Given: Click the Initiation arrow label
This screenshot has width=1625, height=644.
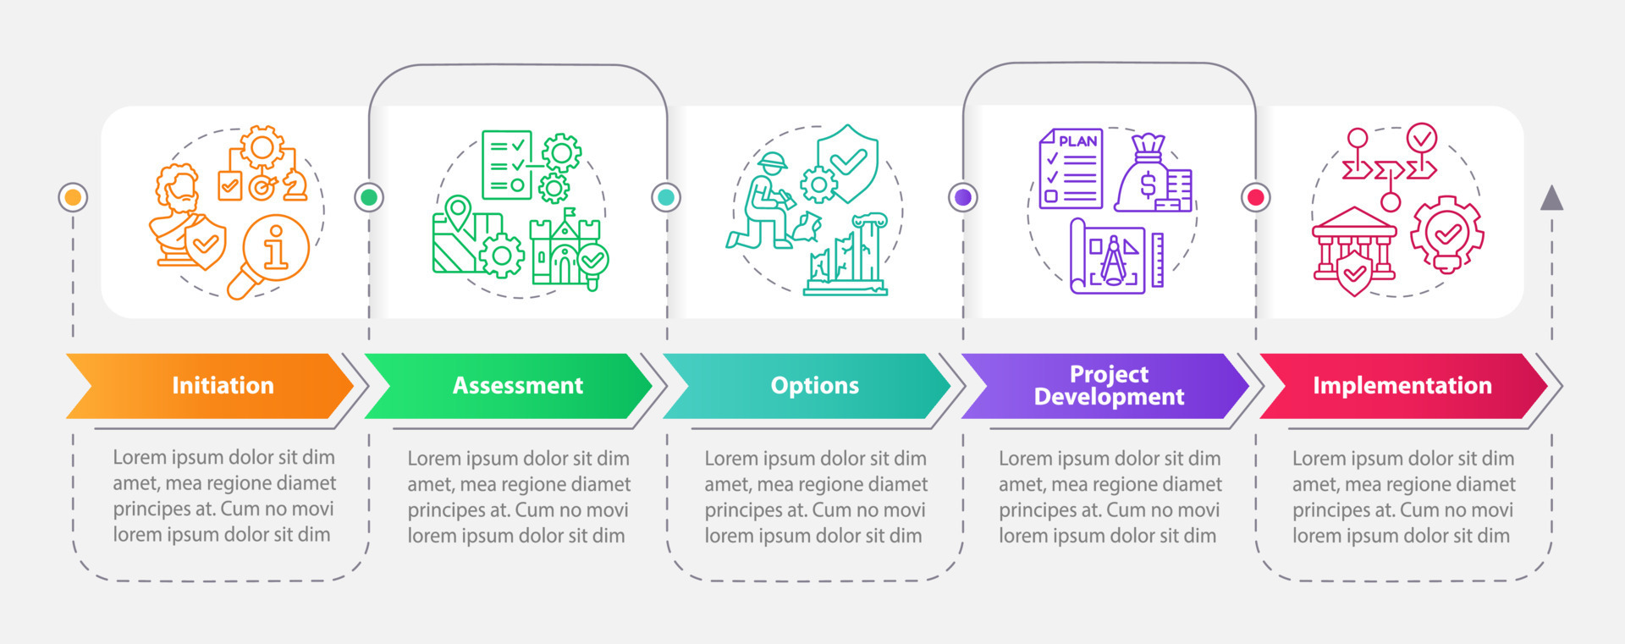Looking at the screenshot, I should [x=223, y=386].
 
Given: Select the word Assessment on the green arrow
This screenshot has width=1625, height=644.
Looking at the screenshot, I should [x=518, y=386].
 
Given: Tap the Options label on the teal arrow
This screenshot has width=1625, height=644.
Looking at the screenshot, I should [x=814, y=386].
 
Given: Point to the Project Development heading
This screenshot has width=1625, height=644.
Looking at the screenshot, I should [x=1109, y=386].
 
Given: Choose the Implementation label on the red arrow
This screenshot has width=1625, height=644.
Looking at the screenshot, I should [x=1402, y=386].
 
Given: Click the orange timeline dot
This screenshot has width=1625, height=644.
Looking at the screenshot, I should [x=74, y=197].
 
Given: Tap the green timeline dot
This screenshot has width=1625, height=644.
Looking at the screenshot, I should [x=369, y=197].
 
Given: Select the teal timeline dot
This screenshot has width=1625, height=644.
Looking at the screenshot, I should [x=666, y=197].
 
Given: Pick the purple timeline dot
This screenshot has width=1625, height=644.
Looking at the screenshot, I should [x=963, y=197].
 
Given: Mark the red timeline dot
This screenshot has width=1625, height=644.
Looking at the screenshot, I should [x=1256, y=197].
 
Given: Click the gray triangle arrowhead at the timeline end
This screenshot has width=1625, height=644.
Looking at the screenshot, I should [x=1551, y=198].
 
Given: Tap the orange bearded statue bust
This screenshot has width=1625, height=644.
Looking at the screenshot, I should [x=178, y=212].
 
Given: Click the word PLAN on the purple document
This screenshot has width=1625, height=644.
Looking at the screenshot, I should [x=1077, y=141].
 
